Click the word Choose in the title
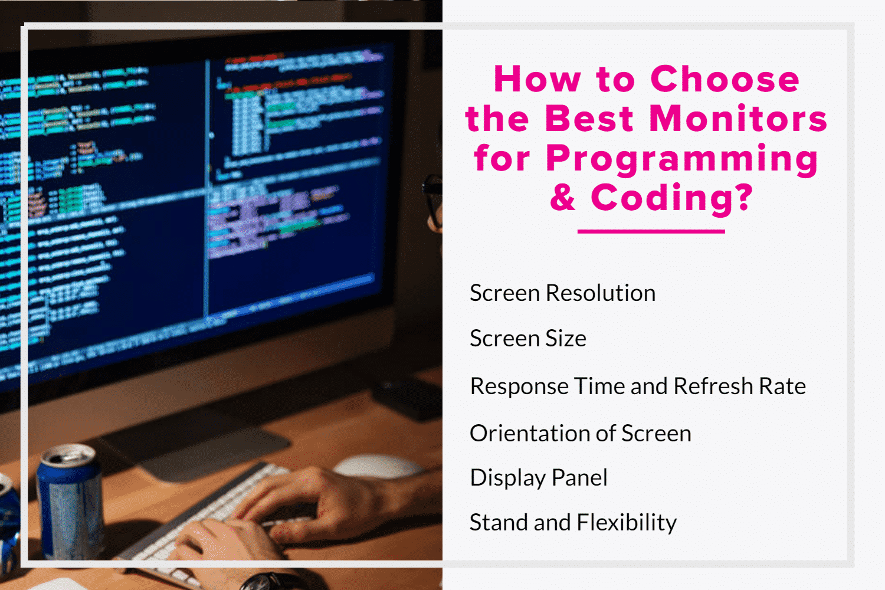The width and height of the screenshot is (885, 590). pos(725,79)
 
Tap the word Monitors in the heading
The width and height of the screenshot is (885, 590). pos(738,119)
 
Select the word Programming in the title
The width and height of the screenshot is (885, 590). pos(681,159)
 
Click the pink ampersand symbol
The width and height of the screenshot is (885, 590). pos(562,198)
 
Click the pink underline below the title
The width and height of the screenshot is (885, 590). pos(651,231)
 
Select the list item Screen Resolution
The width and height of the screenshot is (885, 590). pos(562,293)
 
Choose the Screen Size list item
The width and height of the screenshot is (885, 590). pos(527,339)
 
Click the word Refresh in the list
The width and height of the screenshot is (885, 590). pos(713,386)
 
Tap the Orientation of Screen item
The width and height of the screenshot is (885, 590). pos(580,434)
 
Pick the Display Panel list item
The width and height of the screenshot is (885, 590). pos(538,478)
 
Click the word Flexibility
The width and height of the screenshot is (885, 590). pos(626,523)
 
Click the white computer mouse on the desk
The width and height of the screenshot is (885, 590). pos(378,467)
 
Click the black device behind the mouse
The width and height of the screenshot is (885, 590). pos(407,395)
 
